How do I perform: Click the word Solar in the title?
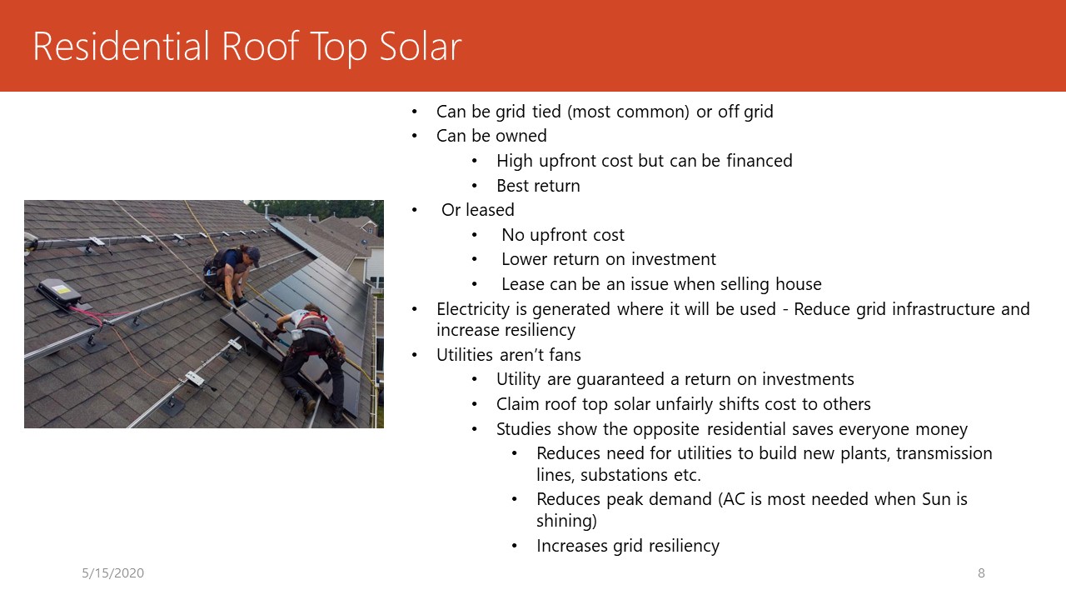click(x=421, y=46)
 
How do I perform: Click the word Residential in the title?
click(x=122, y=46)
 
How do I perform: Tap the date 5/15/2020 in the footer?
click(x=112, y=572)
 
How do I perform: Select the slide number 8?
click(x=981, y=572)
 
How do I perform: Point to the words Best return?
click(x=538, y=186)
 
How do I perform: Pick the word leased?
click(x=491, y=209)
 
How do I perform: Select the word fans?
click(x=565, y=355)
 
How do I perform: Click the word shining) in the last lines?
click(x=566, y=521)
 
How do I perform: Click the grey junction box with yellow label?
click(x=59, y=292)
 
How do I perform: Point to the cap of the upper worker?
click(x=253, y=255)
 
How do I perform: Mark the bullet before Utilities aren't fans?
click(x=415, y=355)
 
